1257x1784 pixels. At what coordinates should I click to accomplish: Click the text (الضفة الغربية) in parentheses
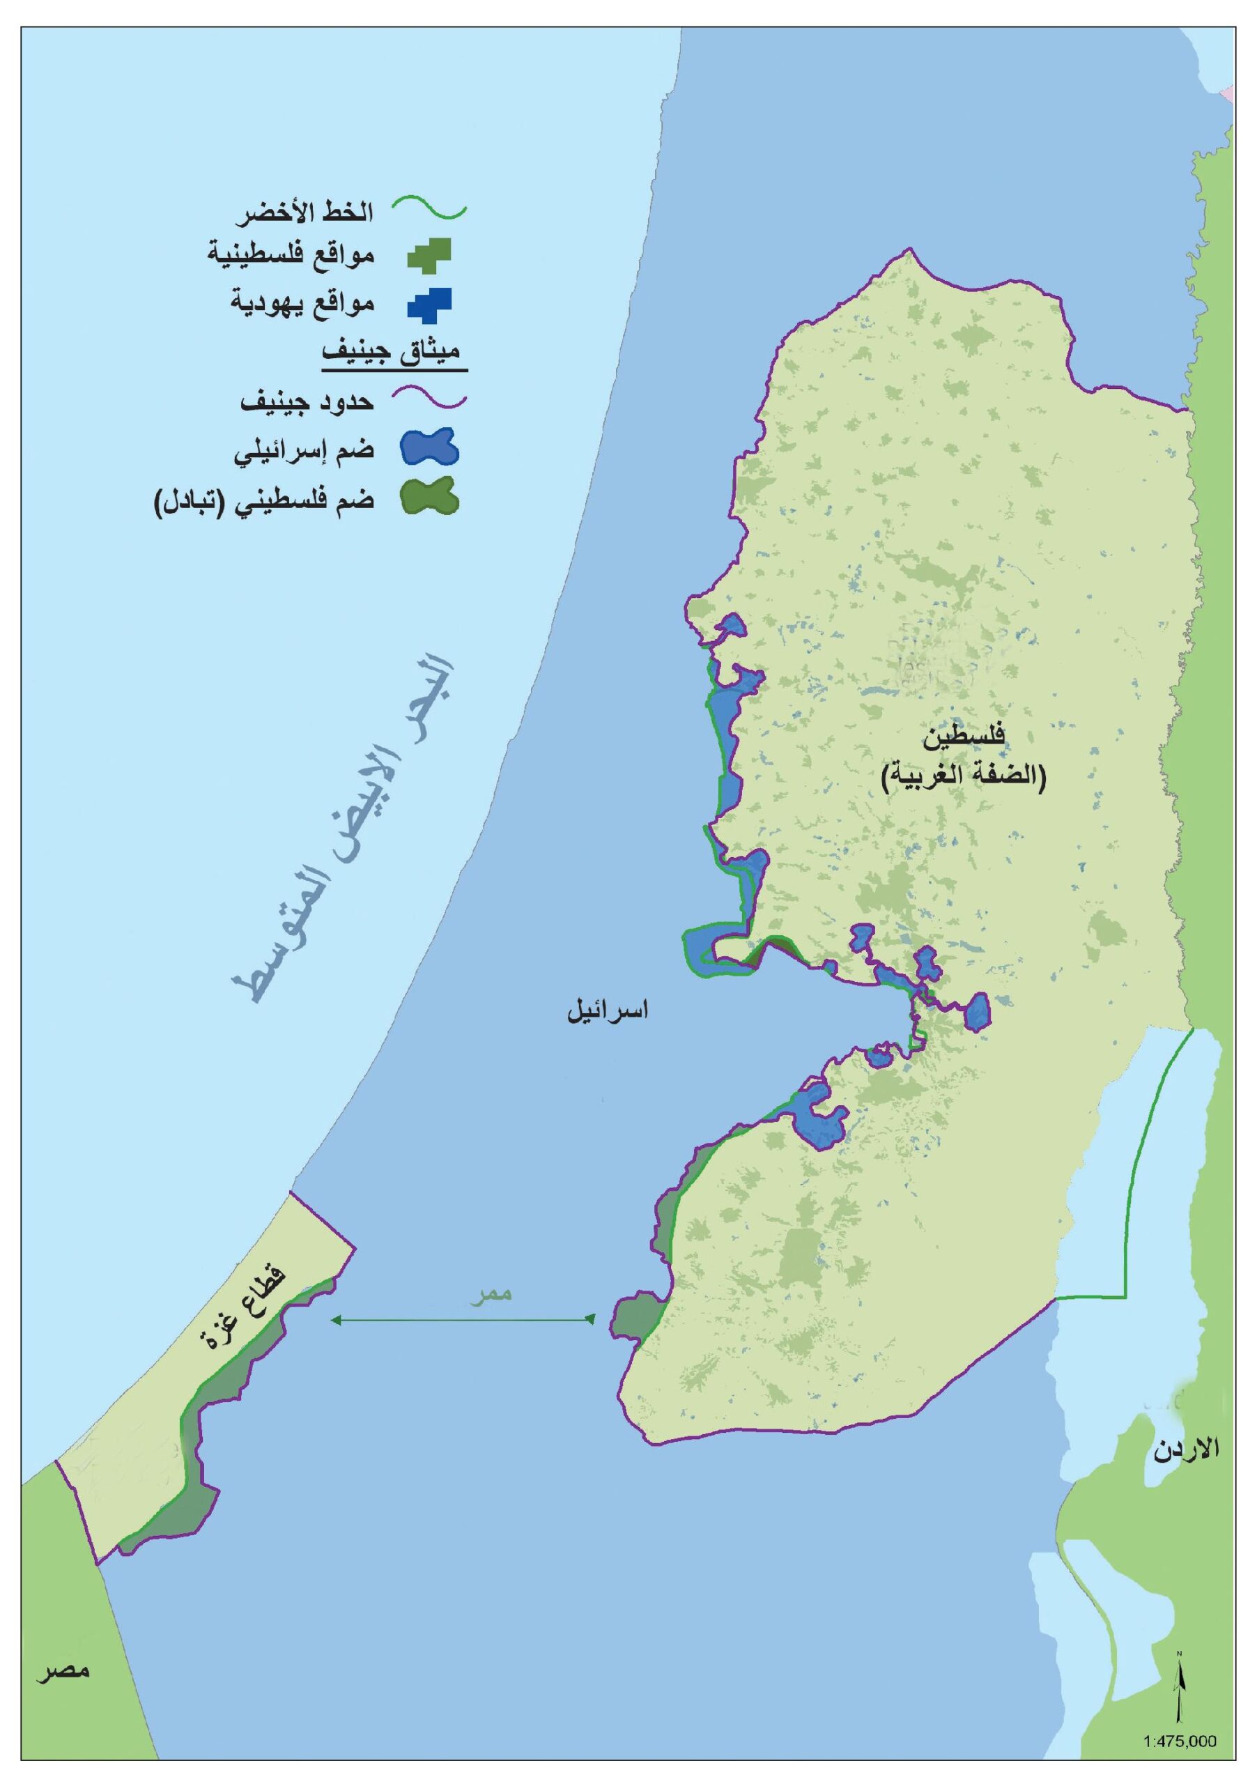click(x=964, y=778)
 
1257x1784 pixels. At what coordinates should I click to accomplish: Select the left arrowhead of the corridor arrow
click(x=336, y=1319)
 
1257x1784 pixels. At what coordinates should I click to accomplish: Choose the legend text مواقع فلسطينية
click(x=292, y=255)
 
